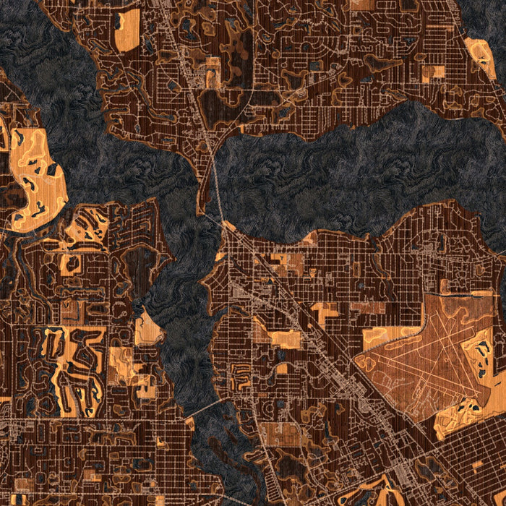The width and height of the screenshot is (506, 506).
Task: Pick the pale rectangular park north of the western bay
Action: coord(127,30)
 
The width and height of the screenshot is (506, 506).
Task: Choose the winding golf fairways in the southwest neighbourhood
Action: coord(72,361)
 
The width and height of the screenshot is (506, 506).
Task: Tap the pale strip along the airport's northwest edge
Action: coord(390,335)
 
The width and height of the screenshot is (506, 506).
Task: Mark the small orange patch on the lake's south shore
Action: coord(311,238)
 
